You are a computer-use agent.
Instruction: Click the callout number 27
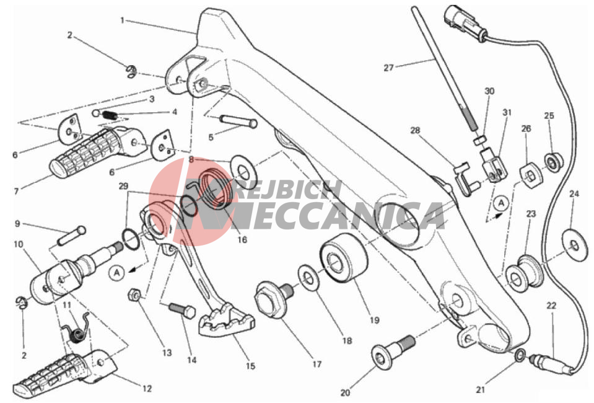(x=389, y=68)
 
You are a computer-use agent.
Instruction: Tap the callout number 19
(x=374, y=321)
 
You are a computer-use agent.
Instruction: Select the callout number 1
(x=123, y=20)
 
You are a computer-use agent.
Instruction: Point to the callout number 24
(x=574, y=194)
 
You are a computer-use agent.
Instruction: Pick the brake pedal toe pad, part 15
(x=227, y=322)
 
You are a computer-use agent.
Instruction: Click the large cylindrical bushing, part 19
(x=344, y=259)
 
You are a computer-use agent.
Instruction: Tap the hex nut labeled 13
(x=134, y=294)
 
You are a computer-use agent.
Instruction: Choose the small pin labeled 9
(x=72, y=236)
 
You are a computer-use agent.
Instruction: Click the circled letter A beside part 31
(x=501, y=203)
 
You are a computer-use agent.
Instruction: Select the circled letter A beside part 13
(x=116, y=272)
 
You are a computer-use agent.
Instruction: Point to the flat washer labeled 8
(x=243, y=168)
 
